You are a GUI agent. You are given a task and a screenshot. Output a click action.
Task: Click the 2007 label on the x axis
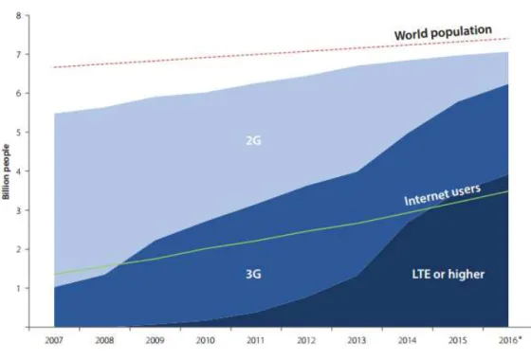[54, 340]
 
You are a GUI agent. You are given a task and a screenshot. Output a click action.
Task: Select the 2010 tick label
[205, 340]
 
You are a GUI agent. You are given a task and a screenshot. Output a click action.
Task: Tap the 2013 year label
[357, 340]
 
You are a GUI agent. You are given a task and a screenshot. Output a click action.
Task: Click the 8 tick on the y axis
[18, 15]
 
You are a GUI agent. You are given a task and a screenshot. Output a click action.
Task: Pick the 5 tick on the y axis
[18, 133]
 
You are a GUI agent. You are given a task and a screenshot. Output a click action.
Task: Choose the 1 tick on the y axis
[18, 288]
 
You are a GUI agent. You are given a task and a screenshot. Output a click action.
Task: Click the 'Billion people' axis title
[6, 171]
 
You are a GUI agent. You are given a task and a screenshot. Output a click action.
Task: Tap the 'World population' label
[443, 32]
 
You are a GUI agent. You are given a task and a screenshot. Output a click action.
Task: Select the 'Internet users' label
[442, 195]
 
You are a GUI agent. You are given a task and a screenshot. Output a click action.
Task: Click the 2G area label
[253, 140]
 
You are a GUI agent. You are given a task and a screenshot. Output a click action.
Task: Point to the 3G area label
[253, 274]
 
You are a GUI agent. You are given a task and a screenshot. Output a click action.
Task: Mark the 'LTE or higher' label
[448, 274]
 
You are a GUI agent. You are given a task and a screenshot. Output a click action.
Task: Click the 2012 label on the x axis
[306, 340]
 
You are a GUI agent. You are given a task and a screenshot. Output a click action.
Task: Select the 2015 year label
[457, 340]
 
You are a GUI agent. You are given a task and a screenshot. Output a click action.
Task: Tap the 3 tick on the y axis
[18, 210]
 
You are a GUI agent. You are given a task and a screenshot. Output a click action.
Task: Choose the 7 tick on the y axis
[18, 55]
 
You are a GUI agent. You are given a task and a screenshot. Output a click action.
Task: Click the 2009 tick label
[156, 340]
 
